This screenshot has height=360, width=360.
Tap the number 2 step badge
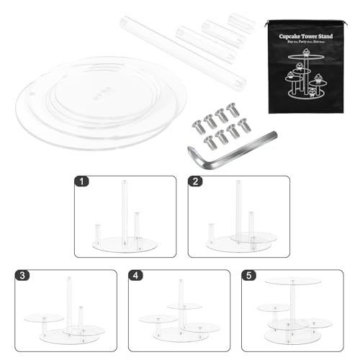[195, 183]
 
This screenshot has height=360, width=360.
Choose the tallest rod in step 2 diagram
[238, 209]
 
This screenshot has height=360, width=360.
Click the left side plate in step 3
[42, 317]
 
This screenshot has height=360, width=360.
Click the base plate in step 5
[292, 336]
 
